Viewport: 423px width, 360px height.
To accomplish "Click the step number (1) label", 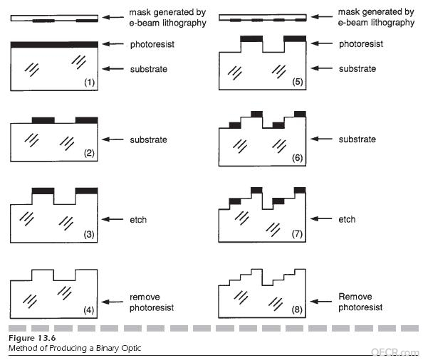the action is tap(90, 82).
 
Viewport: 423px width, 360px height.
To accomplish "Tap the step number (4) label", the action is tap(89, 310).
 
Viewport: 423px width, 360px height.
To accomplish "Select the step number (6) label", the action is tap(297, 158).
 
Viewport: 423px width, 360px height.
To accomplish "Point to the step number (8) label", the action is tap(297, 309).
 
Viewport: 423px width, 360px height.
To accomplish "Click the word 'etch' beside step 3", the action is tap(138, 220).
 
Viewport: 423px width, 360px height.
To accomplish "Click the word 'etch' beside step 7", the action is tap(347, 219).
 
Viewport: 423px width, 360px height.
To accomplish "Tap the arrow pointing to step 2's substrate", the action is tap(113, 139).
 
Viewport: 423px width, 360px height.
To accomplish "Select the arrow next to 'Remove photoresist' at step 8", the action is tap(321, 301).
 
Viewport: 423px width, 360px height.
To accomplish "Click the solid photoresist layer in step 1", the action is tap(54, 44).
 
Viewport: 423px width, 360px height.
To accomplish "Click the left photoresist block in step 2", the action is tap(43, 120).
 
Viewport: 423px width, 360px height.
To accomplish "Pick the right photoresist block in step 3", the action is tap(87, 191).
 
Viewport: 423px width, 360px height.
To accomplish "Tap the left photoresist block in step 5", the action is tap(251, 38).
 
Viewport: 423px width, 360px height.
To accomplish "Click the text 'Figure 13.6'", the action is tap(32, 338).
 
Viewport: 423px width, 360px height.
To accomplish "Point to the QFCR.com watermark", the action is tap(395, 352).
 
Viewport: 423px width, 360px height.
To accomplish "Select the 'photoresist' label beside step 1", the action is tap(152, 44).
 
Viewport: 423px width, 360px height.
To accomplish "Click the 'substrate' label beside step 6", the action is tap(357, 139).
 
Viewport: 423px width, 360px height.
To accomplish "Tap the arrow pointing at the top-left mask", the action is tap(113, 18).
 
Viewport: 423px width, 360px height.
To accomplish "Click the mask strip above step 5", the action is tap(263, 18).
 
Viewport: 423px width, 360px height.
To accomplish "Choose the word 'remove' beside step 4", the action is tap(145, 297).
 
